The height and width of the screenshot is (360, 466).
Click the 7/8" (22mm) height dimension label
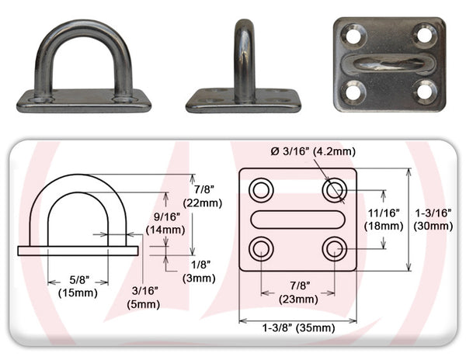[207, 196]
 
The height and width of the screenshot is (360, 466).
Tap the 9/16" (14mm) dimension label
[164, 223]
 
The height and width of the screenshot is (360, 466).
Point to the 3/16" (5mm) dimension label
[144, 298]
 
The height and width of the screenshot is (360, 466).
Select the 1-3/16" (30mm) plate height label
[433, 220]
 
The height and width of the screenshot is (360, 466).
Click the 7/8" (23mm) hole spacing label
[298, 292]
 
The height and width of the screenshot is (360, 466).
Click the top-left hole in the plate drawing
[260, 189]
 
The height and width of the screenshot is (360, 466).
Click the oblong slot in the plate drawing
[297, 220]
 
